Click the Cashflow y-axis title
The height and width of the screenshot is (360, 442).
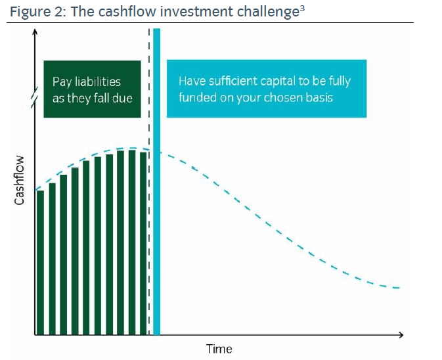tap(19, 181)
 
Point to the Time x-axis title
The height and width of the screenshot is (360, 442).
tap(219, 349)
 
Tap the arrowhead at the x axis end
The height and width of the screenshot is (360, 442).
tap(401, 335)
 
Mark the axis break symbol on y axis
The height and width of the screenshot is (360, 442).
tap(35, 97)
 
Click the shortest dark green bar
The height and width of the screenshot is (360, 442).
tap(40, 263)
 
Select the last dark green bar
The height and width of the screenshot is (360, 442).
tap(143, 244)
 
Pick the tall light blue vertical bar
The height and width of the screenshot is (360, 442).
tap(157, 181)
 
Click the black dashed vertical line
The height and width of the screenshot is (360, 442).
tap(149, 181)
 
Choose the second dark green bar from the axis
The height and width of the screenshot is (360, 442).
tap(52, 259)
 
